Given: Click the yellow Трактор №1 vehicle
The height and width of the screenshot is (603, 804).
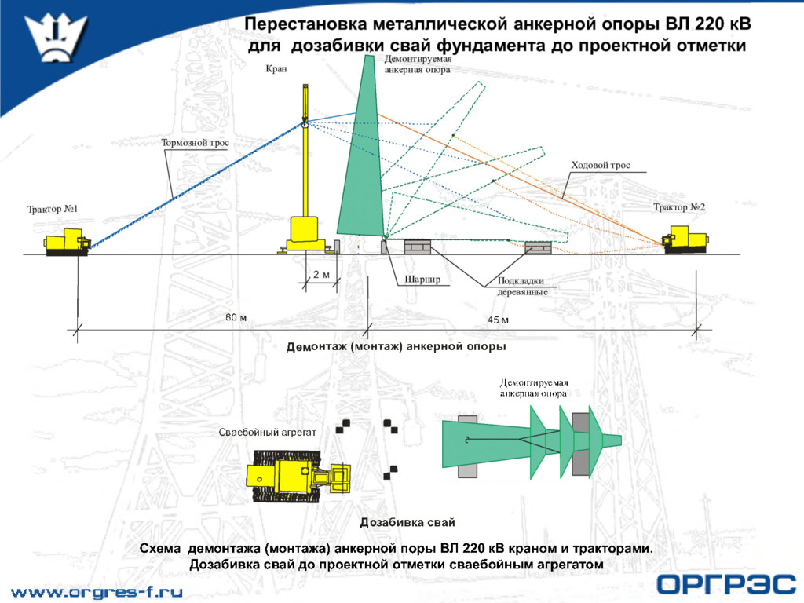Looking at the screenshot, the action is click(x=67, y=243).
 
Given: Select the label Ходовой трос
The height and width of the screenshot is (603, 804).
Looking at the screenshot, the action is click(x=600, y=165).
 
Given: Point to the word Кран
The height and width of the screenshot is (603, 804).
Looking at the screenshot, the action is click(x=276, y=69).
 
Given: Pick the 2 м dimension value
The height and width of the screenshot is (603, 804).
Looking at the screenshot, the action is click(x=321, y=275).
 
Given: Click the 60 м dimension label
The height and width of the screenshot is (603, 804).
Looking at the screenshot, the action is click(x=236, y=318).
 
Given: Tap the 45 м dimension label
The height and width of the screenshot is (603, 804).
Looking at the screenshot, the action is click(x=498, y=320).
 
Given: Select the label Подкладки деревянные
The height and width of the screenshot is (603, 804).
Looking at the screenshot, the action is click(x=521, y=287).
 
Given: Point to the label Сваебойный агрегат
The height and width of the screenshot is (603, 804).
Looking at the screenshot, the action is click(x=267, y=433).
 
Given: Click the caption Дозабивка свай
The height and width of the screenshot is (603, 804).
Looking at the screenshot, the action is click(x=407, y=522).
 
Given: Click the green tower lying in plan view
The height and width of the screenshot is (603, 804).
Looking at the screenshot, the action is click(x=518, y=444).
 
